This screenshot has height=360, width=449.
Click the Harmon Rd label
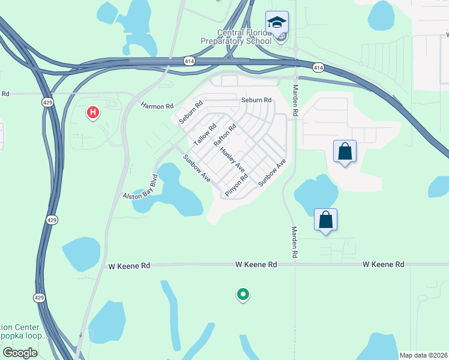[x=157, y=106]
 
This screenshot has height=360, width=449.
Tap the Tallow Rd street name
[x=205, y=135]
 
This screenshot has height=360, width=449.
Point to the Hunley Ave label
[x=232, y=159]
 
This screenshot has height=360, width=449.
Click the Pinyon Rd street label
[x=236, y=185]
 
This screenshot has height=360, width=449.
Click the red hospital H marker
[x=92, y=112]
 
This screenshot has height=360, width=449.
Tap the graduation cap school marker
[x=277, y=23]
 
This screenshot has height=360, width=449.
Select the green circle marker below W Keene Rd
[x=243, y=294]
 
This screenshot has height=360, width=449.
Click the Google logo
[x=19, y=353]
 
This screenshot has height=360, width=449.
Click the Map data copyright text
[x=423, y=355]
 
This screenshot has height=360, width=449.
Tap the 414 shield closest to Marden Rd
[x=318, y=68]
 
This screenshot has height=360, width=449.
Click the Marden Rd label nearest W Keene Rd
[x=295, y=242]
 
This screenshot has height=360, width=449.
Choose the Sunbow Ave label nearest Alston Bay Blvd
[x=196, y=170]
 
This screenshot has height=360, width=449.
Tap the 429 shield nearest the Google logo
[x=38, y=297]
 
